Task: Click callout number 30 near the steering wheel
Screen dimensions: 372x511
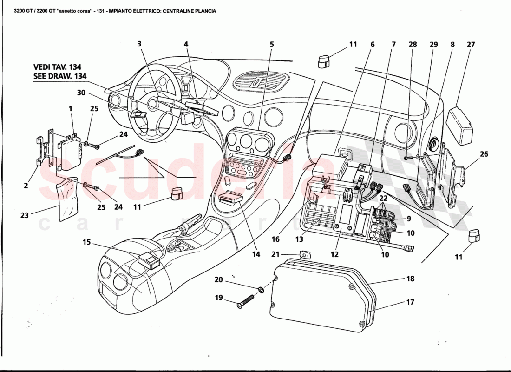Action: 81,93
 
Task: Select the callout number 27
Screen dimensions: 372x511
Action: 471,45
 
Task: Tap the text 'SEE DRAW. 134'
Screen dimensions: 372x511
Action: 60,76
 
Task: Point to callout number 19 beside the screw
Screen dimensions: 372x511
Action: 217,298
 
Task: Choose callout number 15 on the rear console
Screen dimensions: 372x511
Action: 87,242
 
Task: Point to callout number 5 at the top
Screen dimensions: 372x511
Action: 272,45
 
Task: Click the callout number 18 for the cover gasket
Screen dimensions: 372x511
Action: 410,279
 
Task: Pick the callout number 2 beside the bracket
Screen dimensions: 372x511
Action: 26,186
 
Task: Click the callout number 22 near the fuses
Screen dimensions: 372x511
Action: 383,198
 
